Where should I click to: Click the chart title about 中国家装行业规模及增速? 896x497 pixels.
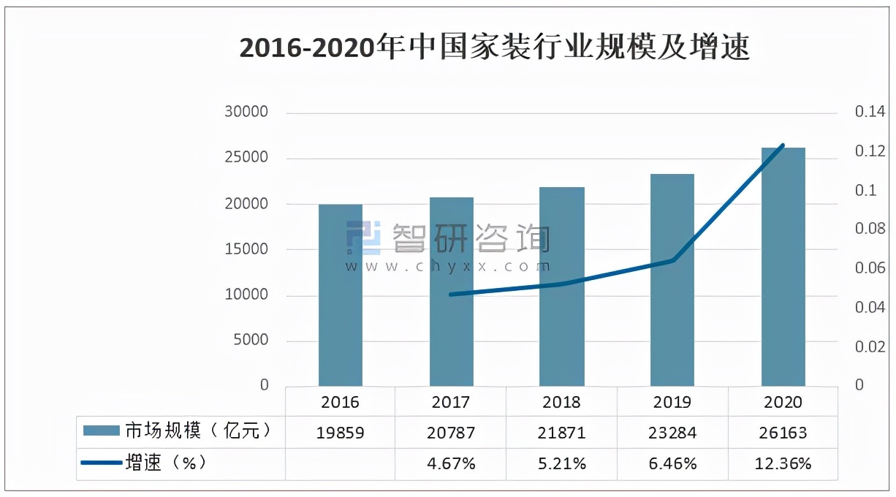[495, 48]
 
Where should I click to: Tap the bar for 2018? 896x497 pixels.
[562, 287]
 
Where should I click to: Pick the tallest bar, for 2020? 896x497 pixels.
[783, 267]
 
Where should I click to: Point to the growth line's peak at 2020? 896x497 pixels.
[783, 145]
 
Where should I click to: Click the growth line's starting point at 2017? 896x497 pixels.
[451, 295]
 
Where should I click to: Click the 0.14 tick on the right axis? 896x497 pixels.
[870, 113]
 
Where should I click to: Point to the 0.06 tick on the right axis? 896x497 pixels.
[870, 268]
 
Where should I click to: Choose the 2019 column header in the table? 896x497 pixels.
[672, 402]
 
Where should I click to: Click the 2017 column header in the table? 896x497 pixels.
[451, 402]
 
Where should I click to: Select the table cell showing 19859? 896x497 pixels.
[341, 433]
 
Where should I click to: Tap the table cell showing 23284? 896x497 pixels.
[672, 433]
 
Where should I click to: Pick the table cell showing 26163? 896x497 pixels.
[783, 433]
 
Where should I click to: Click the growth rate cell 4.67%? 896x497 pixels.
[451, 463]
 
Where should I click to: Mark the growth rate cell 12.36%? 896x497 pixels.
[783, 463]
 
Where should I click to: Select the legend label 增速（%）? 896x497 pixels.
[165, 463]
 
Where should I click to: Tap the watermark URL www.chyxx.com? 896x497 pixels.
[447, 267]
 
